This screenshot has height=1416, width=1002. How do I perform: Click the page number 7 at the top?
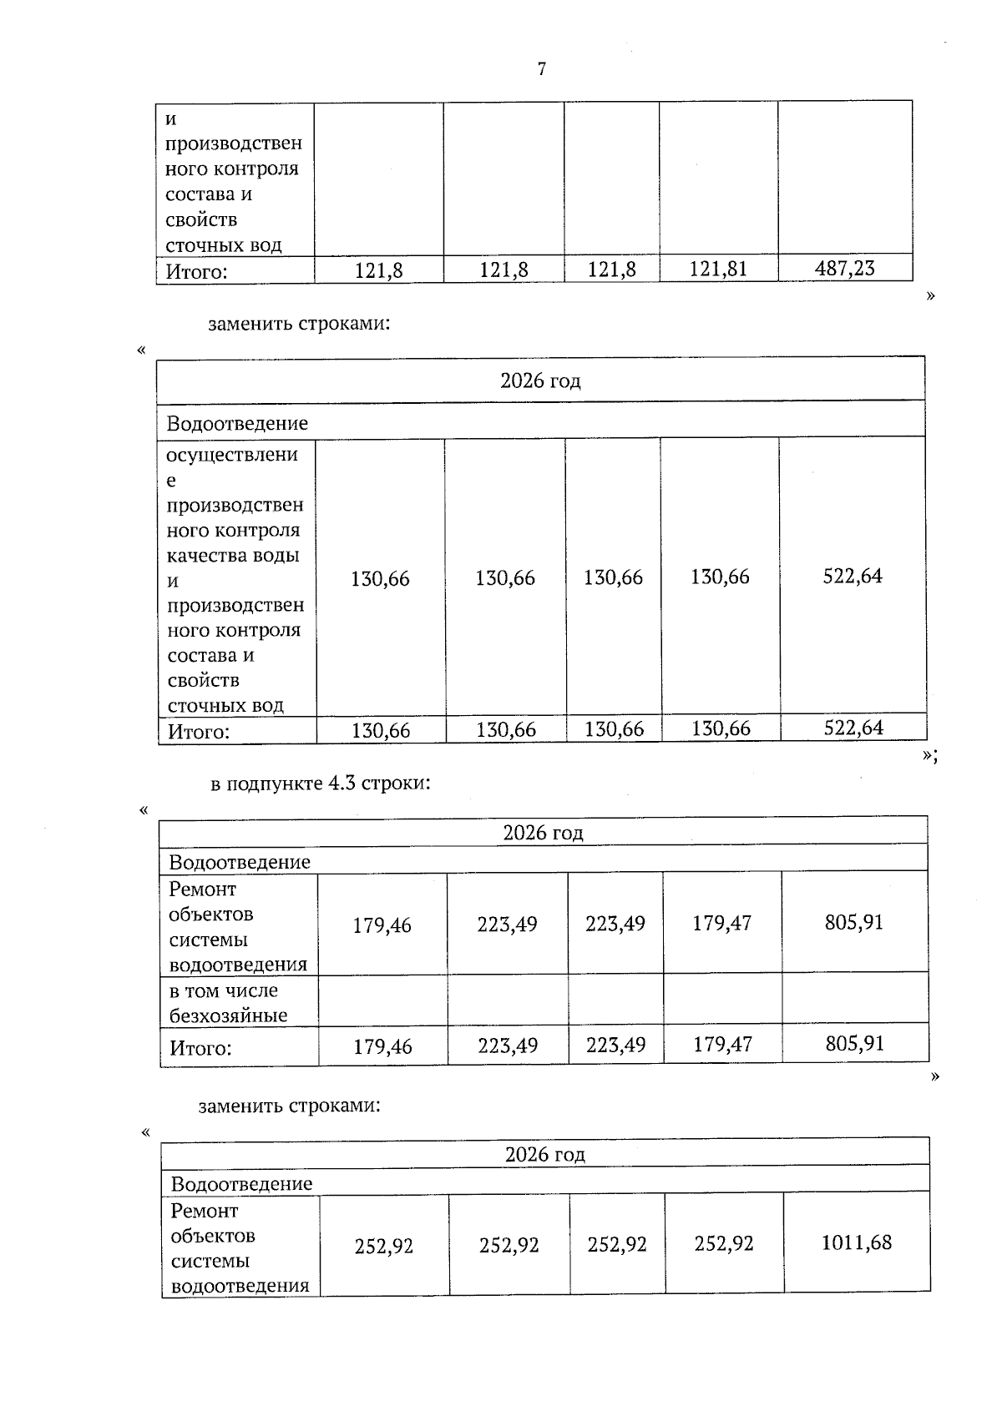click(x=542, y=69)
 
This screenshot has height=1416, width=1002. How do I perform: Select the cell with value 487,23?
click(x=844, y=268)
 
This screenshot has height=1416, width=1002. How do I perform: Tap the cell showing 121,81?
click(x=718, y=269)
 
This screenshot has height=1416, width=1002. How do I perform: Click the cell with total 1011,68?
click(x=857, y=1242)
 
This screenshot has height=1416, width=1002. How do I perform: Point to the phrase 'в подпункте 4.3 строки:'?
click(x=321, y=784)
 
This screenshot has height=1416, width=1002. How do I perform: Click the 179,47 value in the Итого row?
click(x=722, y=1045)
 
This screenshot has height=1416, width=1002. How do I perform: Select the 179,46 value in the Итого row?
click(x=382, y=1046)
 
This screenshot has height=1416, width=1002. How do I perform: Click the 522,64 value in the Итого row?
click(x=853, y=728)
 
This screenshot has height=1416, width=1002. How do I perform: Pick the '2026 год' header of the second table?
click(x=540, y=380)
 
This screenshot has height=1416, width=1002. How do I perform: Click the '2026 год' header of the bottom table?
click(x=544, y=1154)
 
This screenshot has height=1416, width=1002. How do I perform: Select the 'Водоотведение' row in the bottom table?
click(x=242, y=1183)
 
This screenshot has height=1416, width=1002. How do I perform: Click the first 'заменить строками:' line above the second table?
click(x=299, y=323)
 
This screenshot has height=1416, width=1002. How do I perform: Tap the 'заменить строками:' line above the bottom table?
click(x=290, y=1106)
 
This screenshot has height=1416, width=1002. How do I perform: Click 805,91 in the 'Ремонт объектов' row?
click(x=854, y=922)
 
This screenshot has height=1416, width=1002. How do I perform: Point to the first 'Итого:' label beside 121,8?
click(x=197, y=271)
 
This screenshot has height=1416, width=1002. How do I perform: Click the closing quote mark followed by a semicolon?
click(x=930, y=755)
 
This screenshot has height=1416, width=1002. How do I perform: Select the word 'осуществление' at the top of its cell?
click(x=232, y=455)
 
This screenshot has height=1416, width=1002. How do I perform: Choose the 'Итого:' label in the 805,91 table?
click(x=201, y=1048)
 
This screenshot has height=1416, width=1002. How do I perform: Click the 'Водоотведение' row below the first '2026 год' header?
click(x=237, y=423)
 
